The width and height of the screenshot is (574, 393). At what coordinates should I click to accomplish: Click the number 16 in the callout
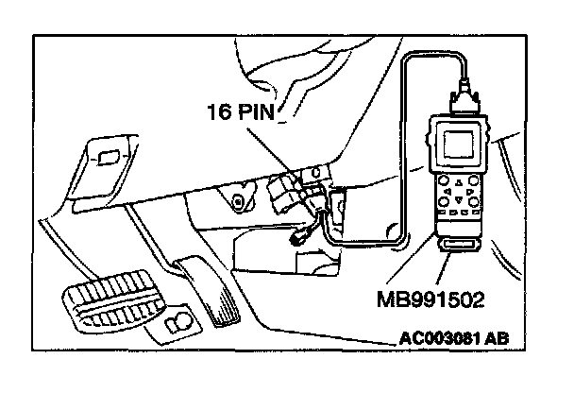point(220,111)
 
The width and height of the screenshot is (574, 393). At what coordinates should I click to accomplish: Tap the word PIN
point(256,111)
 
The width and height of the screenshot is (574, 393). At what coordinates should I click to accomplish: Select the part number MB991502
point(430,299)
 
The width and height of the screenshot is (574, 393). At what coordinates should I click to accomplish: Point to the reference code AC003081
point(439,338)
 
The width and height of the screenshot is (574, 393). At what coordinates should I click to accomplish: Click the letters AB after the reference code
point(497,338)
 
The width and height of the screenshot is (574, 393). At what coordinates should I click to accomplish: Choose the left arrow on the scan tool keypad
point(447,191)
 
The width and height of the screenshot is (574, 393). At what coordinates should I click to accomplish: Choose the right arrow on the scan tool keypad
point(469,191)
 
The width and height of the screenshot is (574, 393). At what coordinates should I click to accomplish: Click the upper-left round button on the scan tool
point(444,180)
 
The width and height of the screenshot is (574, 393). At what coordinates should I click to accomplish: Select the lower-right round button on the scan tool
point(474,202)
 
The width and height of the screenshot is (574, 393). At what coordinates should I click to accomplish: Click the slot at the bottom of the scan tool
point(458,245)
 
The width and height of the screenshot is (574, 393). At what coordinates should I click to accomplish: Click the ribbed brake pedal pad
point(114,299)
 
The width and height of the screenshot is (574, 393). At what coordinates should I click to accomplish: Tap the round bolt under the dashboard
point(239,201)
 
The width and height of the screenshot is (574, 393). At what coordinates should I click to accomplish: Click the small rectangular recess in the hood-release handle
point(107,158)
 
